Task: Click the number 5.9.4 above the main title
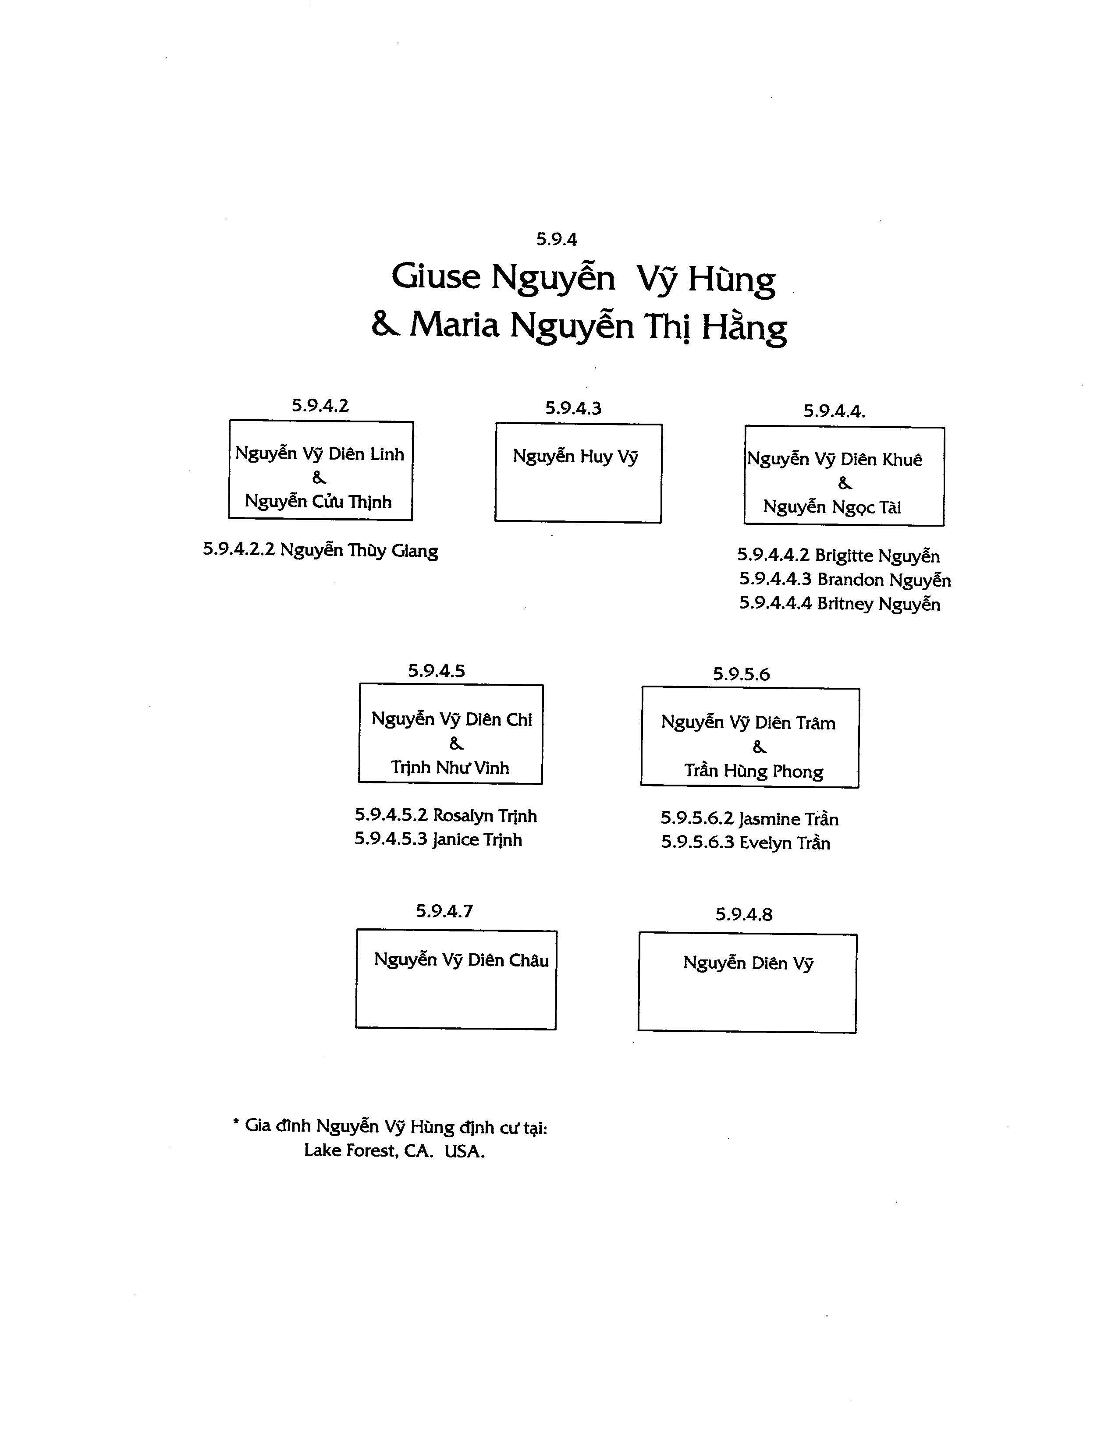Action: tap(556, 239)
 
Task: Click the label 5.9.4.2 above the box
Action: tap(320, 405)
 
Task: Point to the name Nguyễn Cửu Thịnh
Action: tap(318, 501)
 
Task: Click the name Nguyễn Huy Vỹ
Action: tap(575, 456)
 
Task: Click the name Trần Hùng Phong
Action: tap(754, 771)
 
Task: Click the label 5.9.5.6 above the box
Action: tap(741, 674)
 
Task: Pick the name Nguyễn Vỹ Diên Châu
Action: tap(462, 960)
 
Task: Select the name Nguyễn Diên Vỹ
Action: tap(748, 963)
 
